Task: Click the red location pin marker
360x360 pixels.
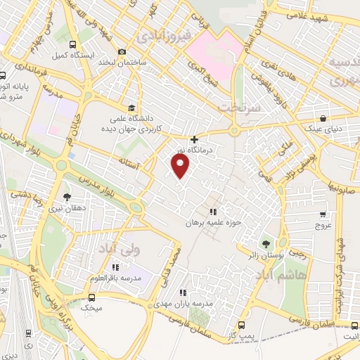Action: click(181, 165)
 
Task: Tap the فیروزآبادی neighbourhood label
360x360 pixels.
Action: click(162, 34)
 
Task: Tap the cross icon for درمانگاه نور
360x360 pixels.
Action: click(194, 139)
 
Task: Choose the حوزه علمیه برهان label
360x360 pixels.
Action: click(219, 222)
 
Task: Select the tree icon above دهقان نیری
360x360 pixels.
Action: click(67, 197)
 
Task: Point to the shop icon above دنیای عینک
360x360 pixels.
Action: click(322, 118)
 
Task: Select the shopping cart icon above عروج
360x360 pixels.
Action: click(323, 214)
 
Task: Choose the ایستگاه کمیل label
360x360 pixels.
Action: click(70, 55)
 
